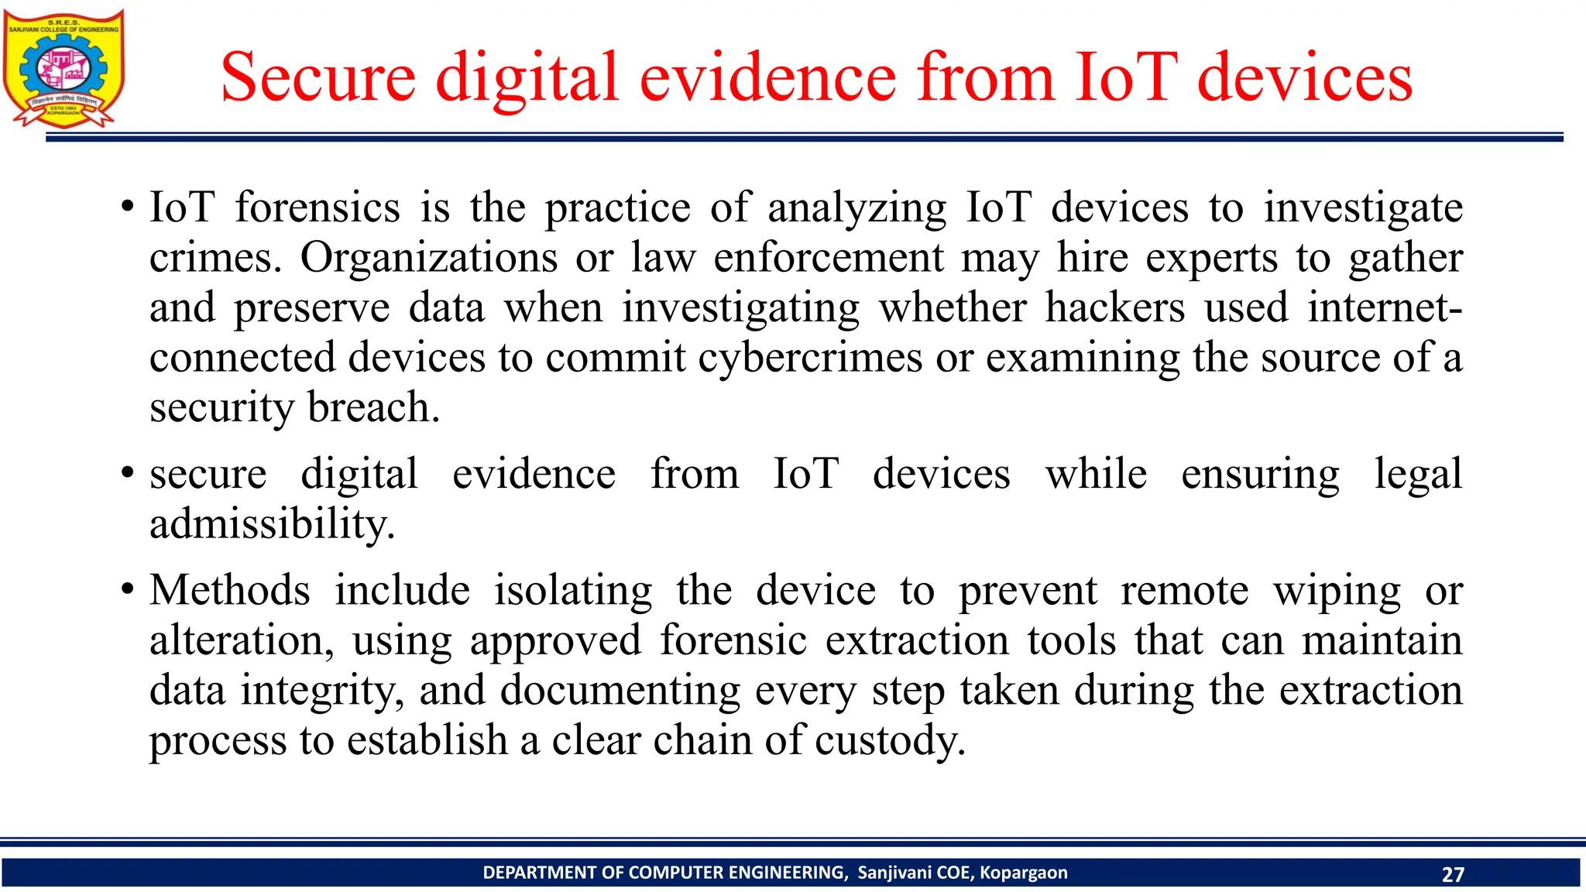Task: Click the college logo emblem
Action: (63, 69)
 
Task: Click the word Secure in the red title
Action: (318, 77)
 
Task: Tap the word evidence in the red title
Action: (767, 77)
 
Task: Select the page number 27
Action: (1453, 874)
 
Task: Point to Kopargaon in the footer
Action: (1023, 873)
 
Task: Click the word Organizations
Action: (428, 258)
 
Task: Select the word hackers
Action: (1114, 307)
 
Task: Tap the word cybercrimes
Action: (810, 358)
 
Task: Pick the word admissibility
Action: (272, 524)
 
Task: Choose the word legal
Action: (1418, 474)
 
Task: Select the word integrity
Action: (322, 691)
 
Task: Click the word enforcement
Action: (828, 258)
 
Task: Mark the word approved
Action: (555, 640)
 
